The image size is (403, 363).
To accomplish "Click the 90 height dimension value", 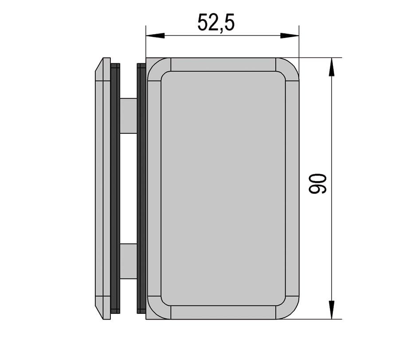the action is pos(317,184).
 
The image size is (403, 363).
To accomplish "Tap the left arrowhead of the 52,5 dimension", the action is pos(155,36).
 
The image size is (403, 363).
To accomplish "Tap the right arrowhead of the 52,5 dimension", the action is pos(290,36).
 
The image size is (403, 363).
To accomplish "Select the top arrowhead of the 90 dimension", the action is pos(332,67).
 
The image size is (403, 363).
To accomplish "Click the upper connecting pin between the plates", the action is pos(128,116).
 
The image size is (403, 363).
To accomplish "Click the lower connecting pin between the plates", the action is pos(128,261).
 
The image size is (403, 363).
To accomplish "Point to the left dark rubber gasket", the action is pos(115,189).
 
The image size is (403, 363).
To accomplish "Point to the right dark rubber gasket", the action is pos(141,189).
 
